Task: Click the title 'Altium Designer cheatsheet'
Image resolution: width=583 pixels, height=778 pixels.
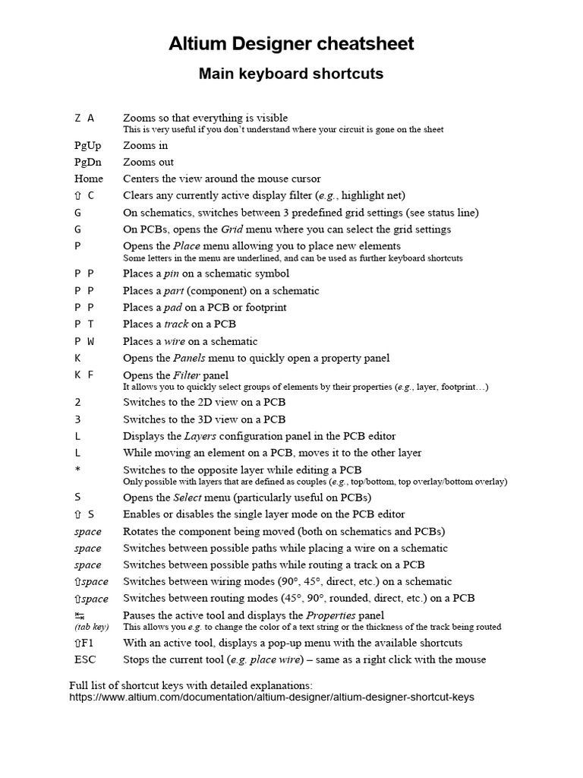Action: (x=291, y=44)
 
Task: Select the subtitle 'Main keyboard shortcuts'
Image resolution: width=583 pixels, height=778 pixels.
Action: (x=291, y=74)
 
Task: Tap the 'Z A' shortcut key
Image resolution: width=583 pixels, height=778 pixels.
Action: (x=84, y=118)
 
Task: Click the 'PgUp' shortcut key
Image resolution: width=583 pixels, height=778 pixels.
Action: (x=87, y=145)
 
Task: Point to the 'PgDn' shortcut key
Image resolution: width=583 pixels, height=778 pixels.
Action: (x=87, y=162)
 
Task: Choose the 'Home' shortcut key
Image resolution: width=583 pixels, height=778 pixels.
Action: (x=89, y=179)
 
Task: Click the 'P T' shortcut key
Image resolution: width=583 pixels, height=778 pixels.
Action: (x=84, y=324)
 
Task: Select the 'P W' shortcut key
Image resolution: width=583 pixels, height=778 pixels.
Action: (x=84, y=341)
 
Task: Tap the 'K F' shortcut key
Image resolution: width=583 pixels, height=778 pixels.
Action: (x=84, y=375)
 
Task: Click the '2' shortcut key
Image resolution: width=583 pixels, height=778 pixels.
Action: (x=77, y=403)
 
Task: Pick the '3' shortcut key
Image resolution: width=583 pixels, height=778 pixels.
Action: (x=77, y=419)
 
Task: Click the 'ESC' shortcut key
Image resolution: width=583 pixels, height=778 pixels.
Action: (x=86, y=659)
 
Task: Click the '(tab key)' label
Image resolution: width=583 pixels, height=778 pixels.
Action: (x=91, y=628)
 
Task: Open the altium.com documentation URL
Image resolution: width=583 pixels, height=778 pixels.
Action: (x=272, y=697)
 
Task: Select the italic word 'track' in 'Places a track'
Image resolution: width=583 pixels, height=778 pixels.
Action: (x=176, y=324)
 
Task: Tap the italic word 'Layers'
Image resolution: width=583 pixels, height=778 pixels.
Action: (x=200, y=436)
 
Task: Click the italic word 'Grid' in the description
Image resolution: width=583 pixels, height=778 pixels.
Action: (x=232, y=229)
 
